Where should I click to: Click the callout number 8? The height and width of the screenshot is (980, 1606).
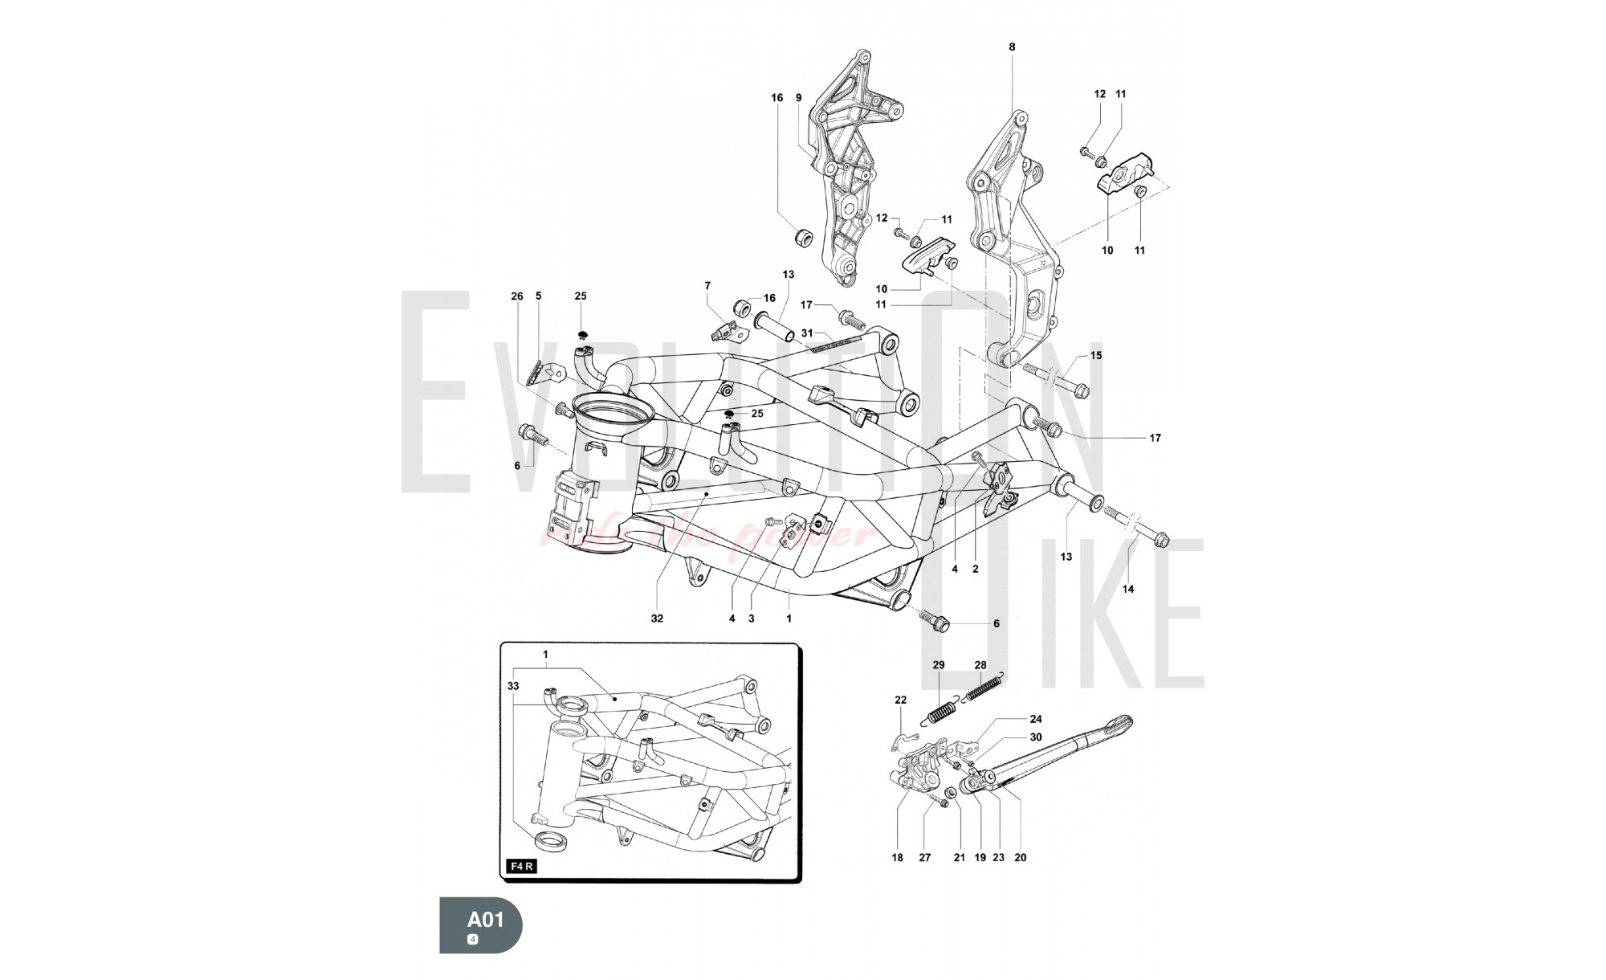click(1012, 47)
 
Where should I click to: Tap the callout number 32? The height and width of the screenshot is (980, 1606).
click(658, 619)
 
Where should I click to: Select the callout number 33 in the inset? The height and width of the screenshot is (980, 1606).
click(514, 686)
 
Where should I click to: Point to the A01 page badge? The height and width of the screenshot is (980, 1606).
click(481, 925)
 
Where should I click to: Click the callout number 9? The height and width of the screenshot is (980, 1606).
click(799, 98)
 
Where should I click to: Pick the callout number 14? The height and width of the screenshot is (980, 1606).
click(1128, 589)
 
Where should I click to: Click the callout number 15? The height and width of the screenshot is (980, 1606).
click(1096, 355)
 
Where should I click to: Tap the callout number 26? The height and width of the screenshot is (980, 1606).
click(517, 296)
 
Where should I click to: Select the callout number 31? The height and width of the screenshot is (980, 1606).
click(807, 333)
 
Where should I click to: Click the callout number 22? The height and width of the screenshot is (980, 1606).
click(901, 700)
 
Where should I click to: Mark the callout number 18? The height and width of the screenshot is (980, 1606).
click(898, 857)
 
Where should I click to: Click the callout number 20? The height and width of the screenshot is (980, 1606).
click(1021, 857)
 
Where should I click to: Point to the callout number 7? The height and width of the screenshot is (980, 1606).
click(707, 285)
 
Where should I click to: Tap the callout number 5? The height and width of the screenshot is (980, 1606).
click(539, 296)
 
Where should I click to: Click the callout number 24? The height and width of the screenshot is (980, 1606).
click(1036, 719)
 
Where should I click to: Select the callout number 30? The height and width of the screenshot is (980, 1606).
click(1036, 737)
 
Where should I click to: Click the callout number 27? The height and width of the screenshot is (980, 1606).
click(925, 857)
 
